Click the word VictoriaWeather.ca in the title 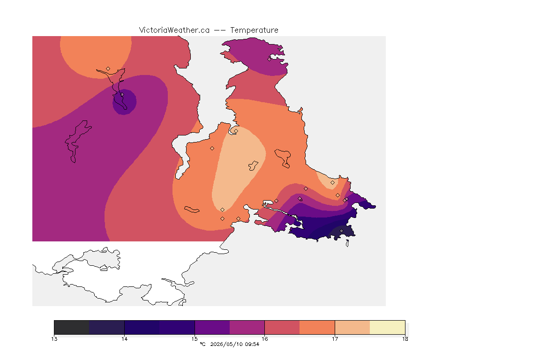pyautogui.click(x=174, y=30)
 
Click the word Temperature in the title pyautogui.click(x=254, y=30)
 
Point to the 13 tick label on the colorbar pyautogui.click(x=54, y=339)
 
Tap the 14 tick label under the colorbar pyautogui.click(x=124, y=339)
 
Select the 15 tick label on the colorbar pyautogui.click(x=195, y=339)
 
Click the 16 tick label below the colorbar pyautogui.click(x=264, y=339)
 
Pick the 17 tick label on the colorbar pyautogui.click(x=335, y=339)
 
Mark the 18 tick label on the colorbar pyautogui.click(x=405, y=339)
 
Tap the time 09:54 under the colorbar pyautogui.click(x=252, y=344)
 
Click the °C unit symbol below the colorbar pyautogui.click(x=203, y=344)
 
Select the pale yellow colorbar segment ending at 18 pyautogui.click(x=388, y=327)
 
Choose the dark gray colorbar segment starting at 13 pyautogui.click(x=72, y=327)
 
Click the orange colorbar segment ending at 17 pyautogui.click(x=317, y=327)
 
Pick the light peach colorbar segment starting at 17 pyautogui.click(x=352, y=327)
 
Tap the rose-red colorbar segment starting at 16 pyautogui.click(x=282, y=327)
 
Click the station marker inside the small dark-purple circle pyautogui.click(x=122, y=94)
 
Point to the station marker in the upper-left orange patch pyautogui.click(x=108, y=69)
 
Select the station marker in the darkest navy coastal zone pyautogui.click(x=341, y=231)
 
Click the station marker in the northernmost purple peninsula pyautogui.click(x=270, y=59)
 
